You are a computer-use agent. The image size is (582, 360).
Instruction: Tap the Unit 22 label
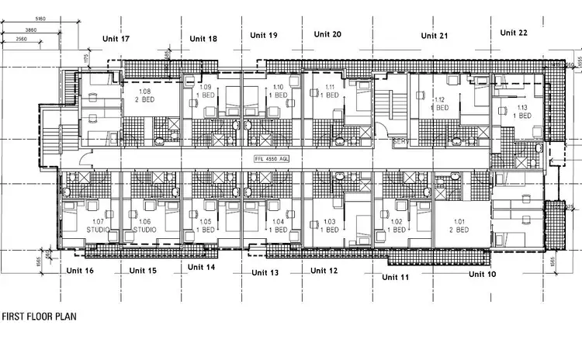[x=514, y=33]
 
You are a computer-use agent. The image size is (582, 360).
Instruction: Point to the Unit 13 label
[x=265, y=272]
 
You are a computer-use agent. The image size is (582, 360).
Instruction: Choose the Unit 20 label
[x=327, y=34]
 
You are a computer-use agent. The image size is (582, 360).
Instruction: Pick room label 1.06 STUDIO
[x=144, y=227]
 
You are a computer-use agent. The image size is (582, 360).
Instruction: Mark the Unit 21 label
[x=435, y=36]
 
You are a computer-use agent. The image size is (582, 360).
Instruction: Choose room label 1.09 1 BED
[x=206, y=91]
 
